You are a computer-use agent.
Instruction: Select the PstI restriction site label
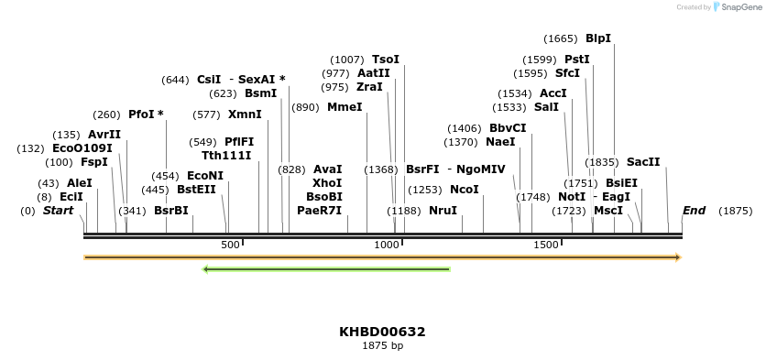[576, 60]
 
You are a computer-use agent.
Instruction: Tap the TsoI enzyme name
[386, 60]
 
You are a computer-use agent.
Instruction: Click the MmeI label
[345, 107]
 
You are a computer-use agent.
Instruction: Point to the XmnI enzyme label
[245, 115]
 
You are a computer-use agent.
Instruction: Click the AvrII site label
[104, 135]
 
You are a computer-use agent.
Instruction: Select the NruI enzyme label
[443, 211]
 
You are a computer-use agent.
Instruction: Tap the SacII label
[643, 162]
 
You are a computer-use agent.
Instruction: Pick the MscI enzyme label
[608, 211]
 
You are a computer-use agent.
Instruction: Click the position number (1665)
[560, 38]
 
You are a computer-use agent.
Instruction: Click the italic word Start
[58, 211]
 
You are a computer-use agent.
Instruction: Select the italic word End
[694, 211]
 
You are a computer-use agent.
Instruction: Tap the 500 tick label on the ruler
[230, 245]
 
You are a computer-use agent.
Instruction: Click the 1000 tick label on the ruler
[388, 245]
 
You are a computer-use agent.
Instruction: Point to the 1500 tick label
[546, 245]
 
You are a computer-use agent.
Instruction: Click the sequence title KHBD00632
[382, 332]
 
